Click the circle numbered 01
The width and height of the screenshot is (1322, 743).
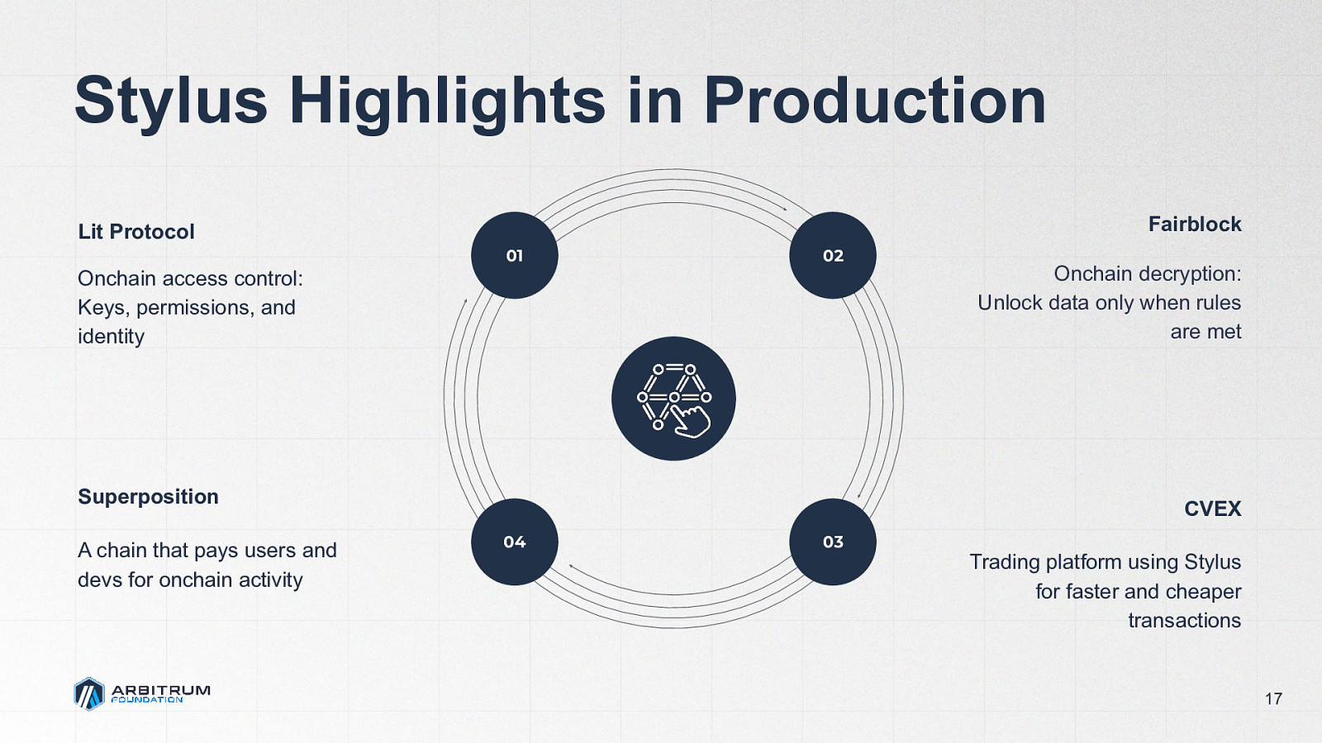pos(515,255)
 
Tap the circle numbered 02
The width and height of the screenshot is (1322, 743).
pos(833,255)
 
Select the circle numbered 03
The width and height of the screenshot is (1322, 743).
pos(833,542)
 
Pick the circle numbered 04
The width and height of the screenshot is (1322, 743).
pos(515,542)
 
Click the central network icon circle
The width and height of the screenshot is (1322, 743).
pos(673,399)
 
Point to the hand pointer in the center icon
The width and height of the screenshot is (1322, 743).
pos(692,420)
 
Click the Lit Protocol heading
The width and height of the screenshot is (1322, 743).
pos(136,232)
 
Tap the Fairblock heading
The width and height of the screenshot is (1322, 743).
pos(1195,225)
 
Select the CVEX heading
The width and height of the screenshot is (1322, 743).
pos(1213,509)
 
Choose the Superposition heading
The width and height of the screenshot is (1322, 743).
pos(148,497)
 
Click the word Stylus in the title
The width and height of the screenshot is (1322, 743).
pos(171,102)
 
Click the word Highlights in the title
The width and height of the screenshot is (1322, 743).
pos(447,102)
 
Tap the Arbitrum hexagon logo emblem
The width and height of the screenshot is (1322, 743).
pos(89,694)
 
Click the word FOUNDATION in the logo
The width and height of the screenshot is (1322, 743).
pos(147,700)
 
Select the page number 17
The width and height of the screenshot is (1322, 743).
pos(1273,698)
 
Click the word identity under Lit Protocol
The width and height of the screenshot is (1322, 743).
pos(111,337)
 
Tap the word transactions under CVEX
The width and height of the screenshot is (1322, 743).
pos(1185,620)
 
